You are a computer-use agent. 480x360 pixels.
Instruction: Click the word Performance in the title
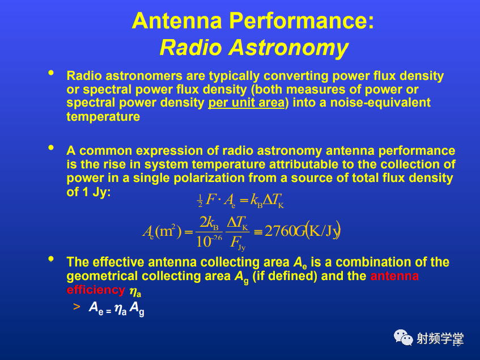(x=301, y=21)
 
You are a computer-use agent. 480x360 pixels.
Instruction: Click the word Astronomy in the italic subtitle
(x=288, y=48)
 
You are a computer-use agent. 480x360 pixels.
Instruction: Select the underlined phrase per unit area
(x=247, y=103)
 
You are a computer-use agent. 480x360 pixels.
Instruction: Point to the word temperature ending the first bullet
(x=103, y=117)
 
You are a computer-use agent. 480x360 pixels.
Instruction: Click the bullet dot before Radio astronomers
(x=51, y=73)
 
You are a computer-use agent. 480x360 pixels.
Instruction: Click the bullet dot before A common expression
(x=51, y=148)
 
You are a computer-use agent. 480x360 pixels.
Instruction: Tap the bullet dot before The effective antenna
(x=51, y=259)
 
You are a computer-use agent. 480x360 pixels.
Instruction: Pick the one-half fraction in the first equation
(x=200, y=201)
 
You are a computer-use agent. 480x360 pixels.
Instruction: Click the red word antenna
(x=394, y=276)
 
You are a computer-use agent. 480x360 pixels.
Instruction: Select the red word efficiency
(x=96, y=290)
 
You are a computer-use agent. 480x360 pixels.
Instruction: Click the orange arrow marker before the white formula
(x=77, y=307)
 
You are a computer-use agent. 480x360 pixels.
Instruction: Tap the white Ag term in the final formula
(x=137, y=308)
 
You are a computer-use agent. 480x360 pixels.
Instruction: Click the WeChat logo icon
(x=403, y=338)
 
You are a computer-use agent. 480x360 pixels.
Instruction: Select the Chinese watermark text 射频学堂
(x=440, y=338)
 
